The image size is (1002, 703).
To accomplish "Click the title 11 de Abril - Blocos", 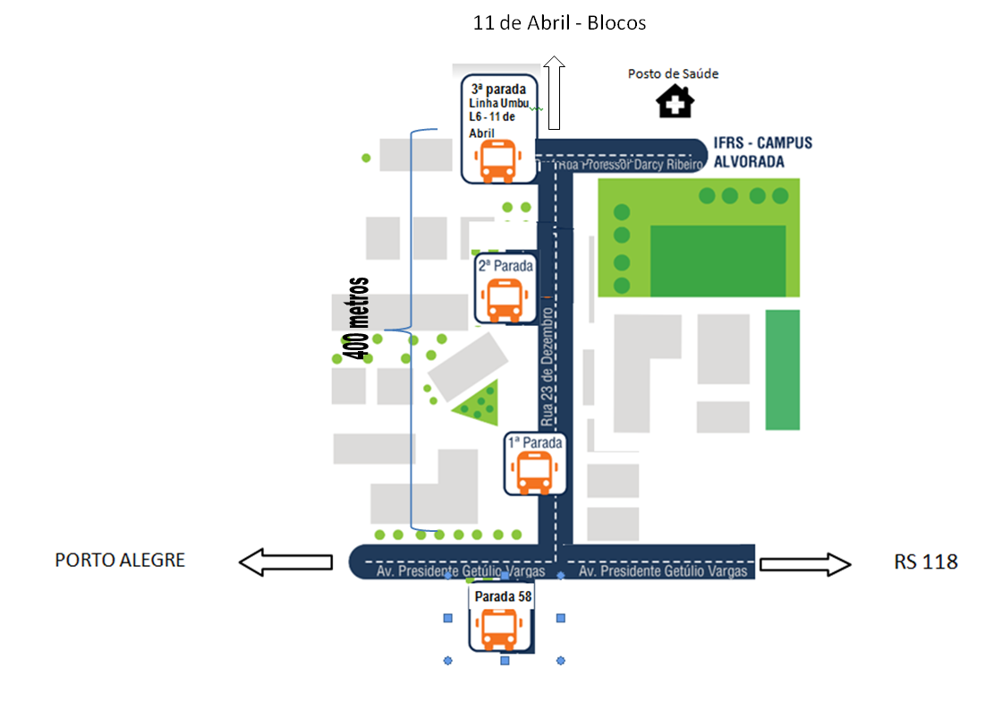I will click(x=559, y=23).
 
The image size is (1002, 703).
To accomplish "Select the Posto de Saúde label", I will click(x=673, y=73).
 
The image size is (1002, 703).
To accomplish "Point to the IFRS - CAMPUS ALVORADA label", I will click(x=763, y=152).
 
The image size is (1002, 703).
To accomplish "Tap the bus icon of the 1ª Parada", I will click(x=535, y=472).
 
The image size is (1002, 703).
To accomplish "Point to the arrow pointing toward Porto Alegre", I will click(x=285, y=562).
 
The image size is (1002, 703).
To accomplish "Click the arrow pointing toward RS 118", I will click(x=805, y=563).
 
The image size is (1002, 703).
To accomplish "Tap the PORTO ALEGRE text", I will click(x=120, y=560).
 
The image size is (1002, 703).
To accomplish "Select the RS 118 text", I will click(x=926, y=562).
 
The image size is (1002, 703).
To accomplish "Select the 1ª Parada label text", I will click(x=535, y=442).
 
